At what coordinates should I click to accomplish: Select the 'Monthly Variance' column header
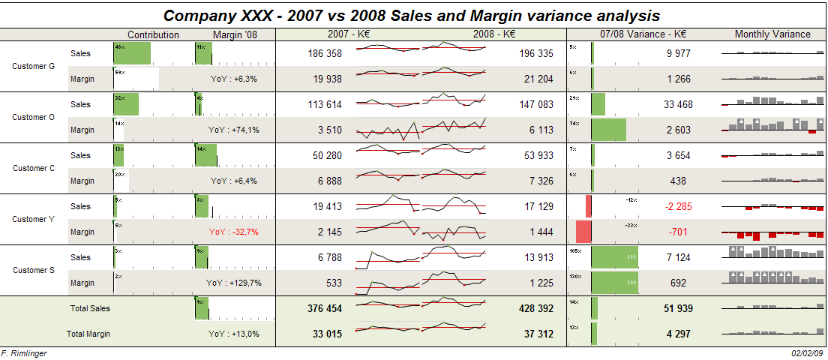[x=772, y=34]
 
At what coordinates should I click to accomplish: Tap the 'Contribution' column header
[x=153, y=34]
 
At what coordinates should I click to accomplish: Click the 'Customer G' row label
[x=34, y=66]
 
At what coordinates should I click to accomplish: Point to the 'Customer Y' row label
[x=34, y=219]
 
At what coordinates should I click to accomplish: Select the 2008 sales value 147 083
[x=535, y=104]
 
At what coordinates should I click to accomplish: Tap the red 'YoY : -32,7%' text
[x=233, y=232]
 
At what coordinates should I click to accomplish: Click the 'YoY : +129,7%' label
[x=233, y=283]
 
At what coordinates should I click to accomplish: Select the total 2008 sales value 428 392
[x=535, y=308]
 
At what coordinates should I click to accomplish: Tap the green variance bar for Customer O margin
[x=608, y=130]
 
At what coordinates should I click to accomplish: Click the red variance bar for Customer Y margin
[x=584, y=231]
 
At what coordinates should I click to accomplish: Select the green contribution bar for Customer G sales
[x=133, y=53]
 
